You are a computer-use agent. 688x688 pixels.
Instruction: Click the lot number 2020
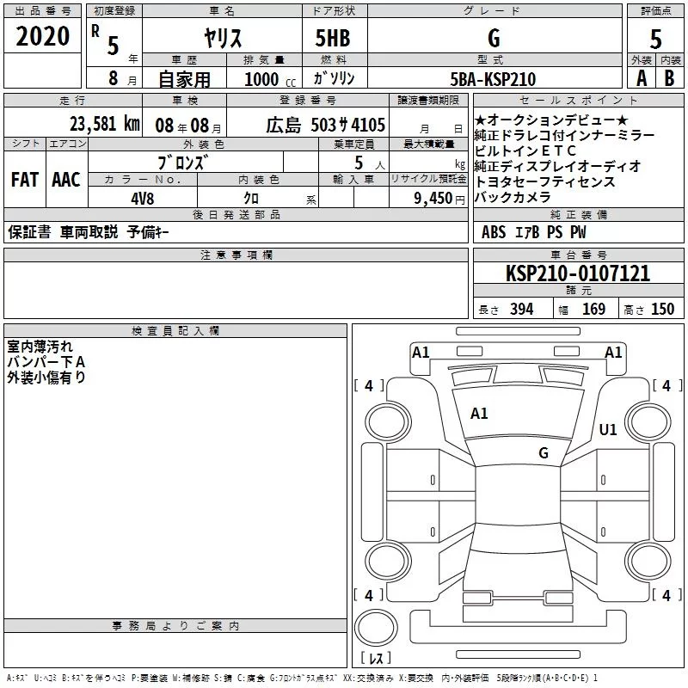43,37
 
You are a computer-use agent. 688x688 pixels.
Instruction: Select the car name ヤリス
222,38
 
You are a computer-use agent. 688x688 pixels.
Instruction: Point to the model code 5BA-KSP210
493,79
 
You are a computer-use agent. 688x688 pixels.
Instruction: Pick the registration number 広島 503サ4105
325,125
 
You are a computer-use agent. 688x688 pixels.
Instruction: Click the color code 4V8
143,197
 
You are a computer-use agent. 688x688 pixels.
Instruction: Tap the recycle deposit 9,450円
434,198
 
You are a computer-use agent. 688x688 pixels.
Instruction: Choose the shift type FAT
25,180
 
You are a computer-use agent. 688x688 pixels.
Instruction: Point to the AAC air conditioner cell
66,180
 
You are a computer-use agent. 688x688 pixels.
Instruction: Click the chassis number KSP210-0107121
578,273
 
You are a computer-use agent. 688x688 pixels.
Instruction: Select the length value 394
521,310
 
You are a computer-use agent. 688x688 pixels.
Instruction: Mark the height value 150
662,310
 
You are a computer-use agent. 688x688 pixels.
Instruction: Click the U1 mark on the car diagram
608,430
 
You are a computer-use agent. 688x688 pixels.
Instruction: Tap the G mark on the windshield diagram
543,452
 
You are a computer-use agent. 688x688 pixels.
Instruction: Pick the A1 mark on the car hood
479,414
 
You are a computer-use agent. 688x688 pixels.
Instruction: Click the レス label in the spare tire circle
375,659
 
